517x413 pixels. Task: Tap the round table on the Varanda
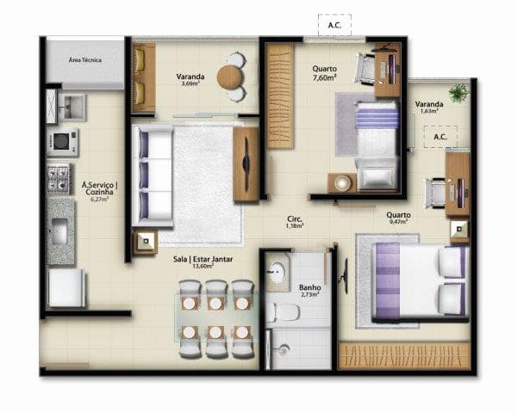tap(229, 77)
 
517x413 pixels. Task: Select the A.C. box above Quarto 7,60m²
tap(334, 25)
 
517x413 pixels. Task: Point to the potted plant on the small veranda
tap(458, 91)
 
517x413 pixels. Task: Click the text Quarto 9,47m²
tap(398, 219)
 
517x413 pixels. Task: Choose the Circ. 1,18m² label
tap(295, 222)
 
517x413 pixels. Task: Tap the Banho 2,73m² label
tap(309, 291)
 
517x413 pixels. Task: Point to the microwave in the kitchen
tap(63, 141)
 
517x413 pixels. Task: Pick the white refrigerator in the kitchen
tap(66, 288)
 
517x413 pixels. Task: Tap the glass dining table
tap(217, 317)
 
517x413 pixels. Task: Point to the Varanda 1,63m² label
tap(430, 106)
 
